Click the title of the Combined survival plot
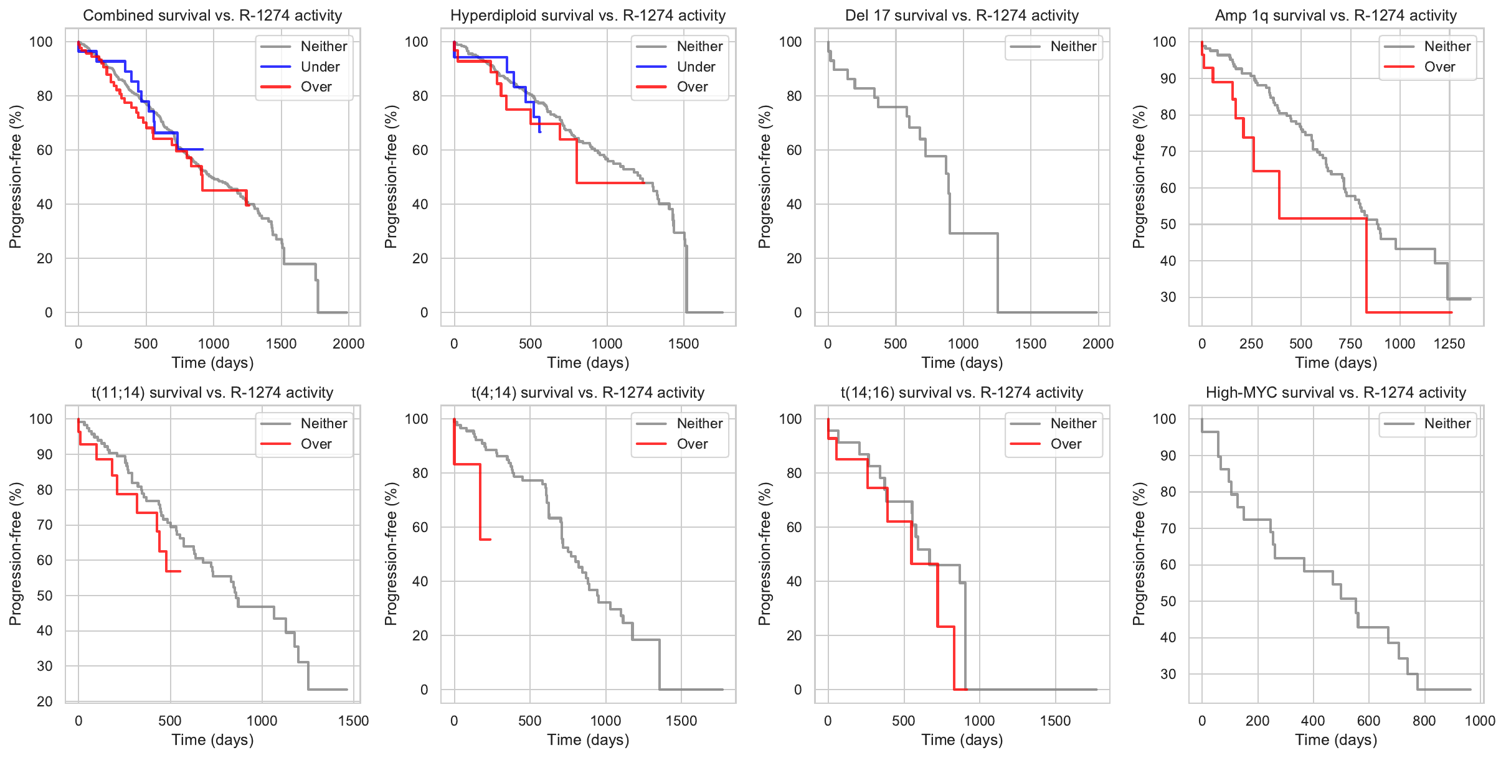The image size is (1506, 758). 212,16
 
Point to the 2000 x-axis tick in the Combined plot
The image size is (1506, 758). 348,344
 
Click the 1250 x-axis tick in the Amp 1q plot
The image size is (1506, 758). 1449,344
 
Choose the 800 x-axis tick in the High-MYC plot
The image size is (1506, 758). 1424,721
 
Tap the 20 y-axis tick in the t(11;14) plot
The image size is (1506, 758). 45,701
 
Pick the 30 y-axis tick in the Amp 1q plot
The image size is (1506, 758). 1168,297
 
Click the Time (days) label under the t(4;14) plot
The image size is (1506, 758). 588,739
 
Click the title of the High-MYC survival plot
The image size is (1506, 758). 1336,393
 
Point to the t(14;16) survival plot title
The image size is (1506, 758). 962,393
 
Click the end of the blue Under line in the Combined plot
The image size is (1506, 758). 203,149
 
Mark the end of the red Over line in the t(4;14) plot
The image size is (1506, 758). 491,539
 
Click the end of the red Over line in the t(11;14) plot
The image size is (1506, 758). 181,571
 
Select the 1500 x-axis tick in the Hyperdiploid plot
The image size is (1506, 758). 684,344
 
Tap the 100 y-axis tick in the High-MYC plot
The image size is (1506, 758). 1164,419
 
